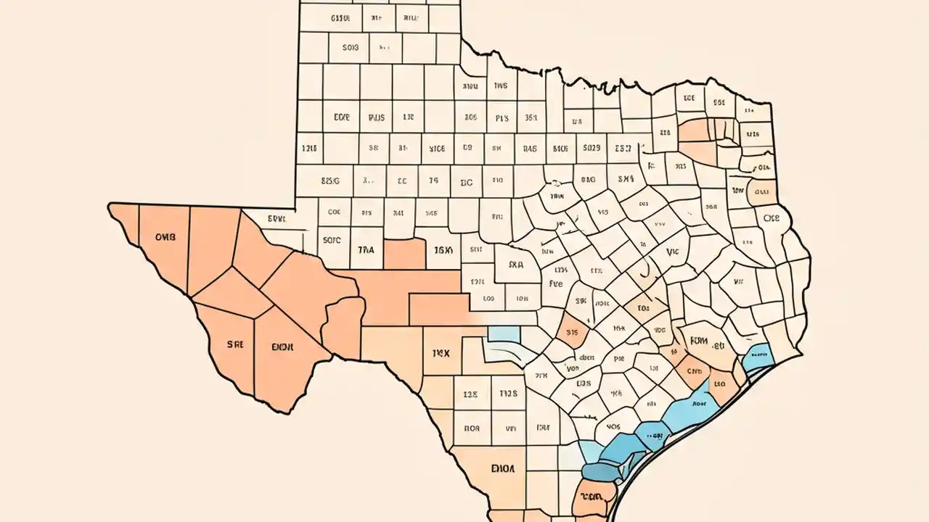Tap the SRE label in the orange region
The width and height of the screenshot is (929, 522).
coord(234,345)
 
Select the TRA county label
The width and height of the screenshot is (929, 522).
coord(367,249)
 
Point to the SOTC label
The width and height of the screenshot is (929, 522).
coord(331,239)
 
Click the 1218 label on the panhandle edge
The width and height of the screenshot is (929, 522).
coord(309,148)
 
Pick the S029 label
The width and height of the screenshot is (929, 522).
coord(592,148)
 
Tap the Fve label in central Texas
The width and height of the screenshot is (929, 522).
coord(556,284)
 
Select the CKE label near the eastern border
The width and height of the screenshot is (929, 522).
coord(772,217)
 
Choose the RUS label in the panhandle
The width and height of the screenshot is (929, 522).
coord(376,116)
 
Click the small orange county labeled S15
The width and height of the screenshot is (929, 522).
coord(571,333)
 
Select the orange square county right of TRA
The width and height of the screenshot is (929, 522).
coord(404,254)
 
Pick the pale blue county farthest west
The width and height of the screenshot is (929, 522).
coord(504,333)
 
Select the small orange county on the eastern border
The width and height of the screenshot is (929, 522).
coord(761,191)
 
